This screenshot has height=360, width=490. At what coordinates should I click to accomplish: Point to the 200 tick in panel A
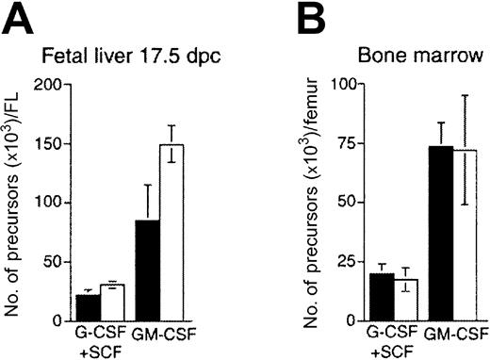tap(49, 86)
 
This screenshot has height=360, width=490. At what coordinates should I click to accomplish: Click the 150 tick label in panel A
tap(49, 144)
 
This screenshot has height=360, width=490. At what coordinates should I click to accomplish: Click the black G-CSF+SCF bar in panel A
tap(88, 307)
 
